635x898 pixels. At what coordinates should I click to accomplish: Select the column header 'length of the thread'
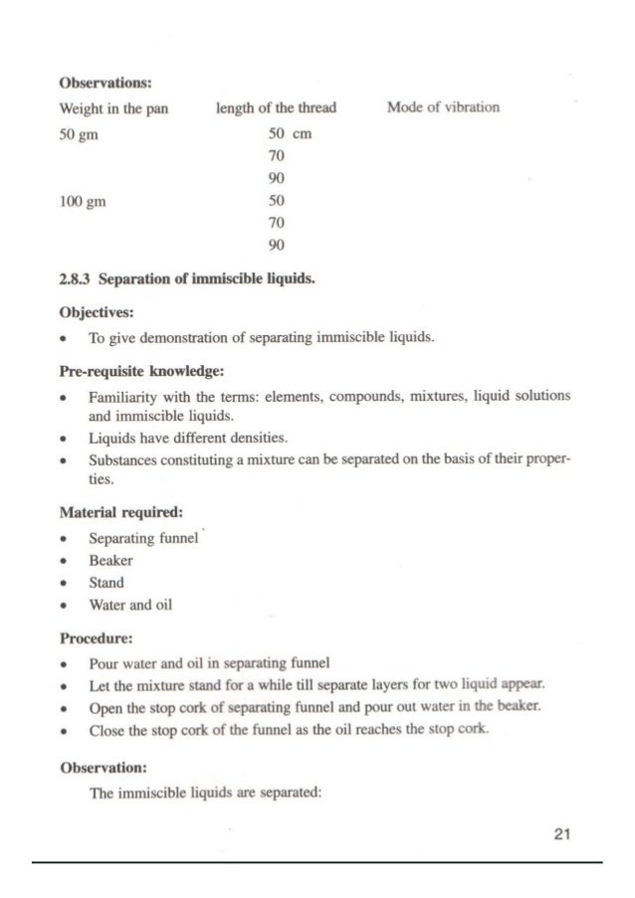coord(276,107)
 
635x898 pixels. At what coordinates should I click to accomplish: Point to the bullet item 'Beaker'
coord(110,561)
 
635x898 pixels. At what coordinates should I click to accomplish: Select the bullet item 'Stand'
coord(106,583)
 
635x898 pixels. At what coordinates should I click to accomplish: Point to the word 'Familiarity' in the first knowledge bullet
coord(122,396)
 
